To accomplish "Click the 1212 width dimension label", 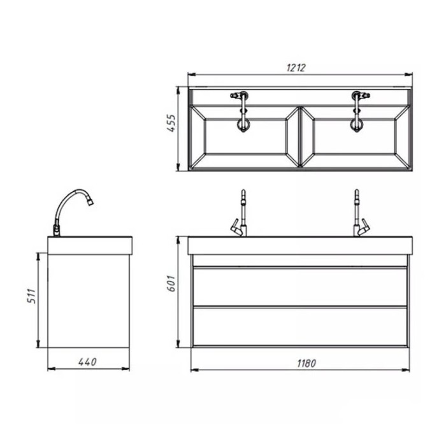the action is (x=296, y=68).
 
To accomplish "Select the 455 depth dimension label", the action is (x=171, y=123).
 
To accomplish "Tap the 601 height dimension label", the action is (x=171, y=284).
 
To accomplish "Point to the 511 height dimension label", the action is (x=32, y=296).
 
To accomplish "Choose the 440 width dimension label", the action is (x=87, y=362).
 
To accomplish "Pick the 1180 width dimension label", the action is (x=306, y=364).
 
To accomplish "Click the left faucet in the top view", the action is (x=242, y=111).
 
